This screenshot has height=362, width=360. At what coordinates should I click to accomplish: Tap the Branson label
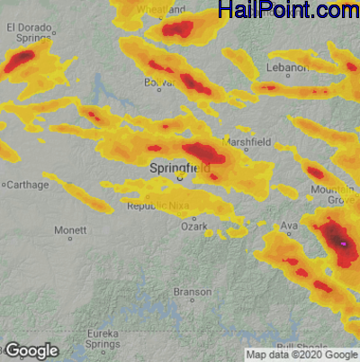(x=193, y=292)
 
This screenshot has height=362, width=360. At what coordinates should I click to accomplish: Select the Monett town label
(x=70, y=231)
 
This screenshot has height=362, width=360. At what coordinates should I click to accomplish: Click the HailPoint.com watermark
(x=288, y=11)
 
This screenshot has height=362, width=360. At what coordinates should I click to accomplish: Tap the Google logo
(x=31, y=350)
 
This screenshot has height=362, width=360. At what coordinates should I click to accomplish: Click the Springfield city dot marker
(x=179, y=177)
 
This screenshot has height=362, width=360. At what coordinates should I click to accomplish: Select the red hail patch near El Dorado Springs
(x=20, y=60)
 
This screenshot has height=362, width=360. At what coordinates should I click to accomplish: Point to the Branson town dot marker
(x=193, y=303)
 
